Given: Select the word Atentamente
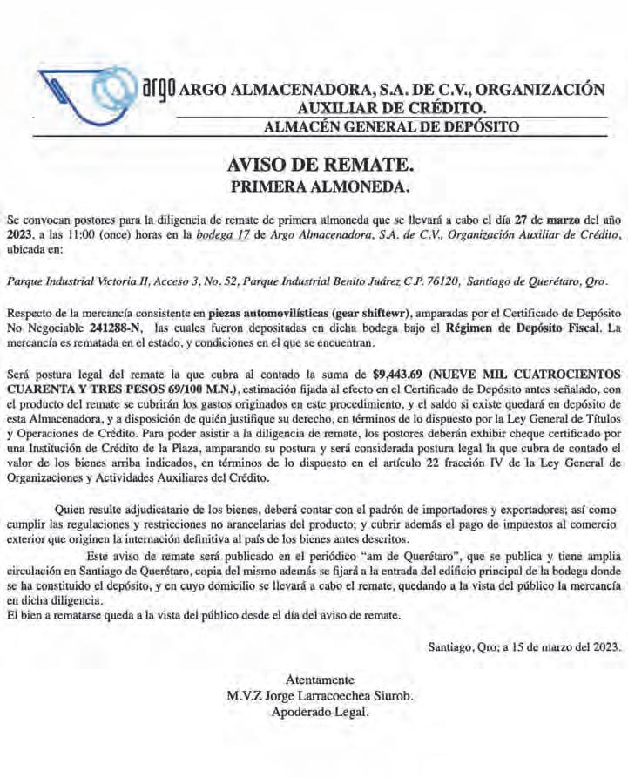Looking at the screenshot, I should point(320,680).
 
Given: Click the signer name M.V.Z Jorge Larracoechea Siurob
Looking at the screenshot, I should point(320,695).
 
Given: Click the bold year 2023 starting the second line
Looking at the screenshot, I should point(19,236).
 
